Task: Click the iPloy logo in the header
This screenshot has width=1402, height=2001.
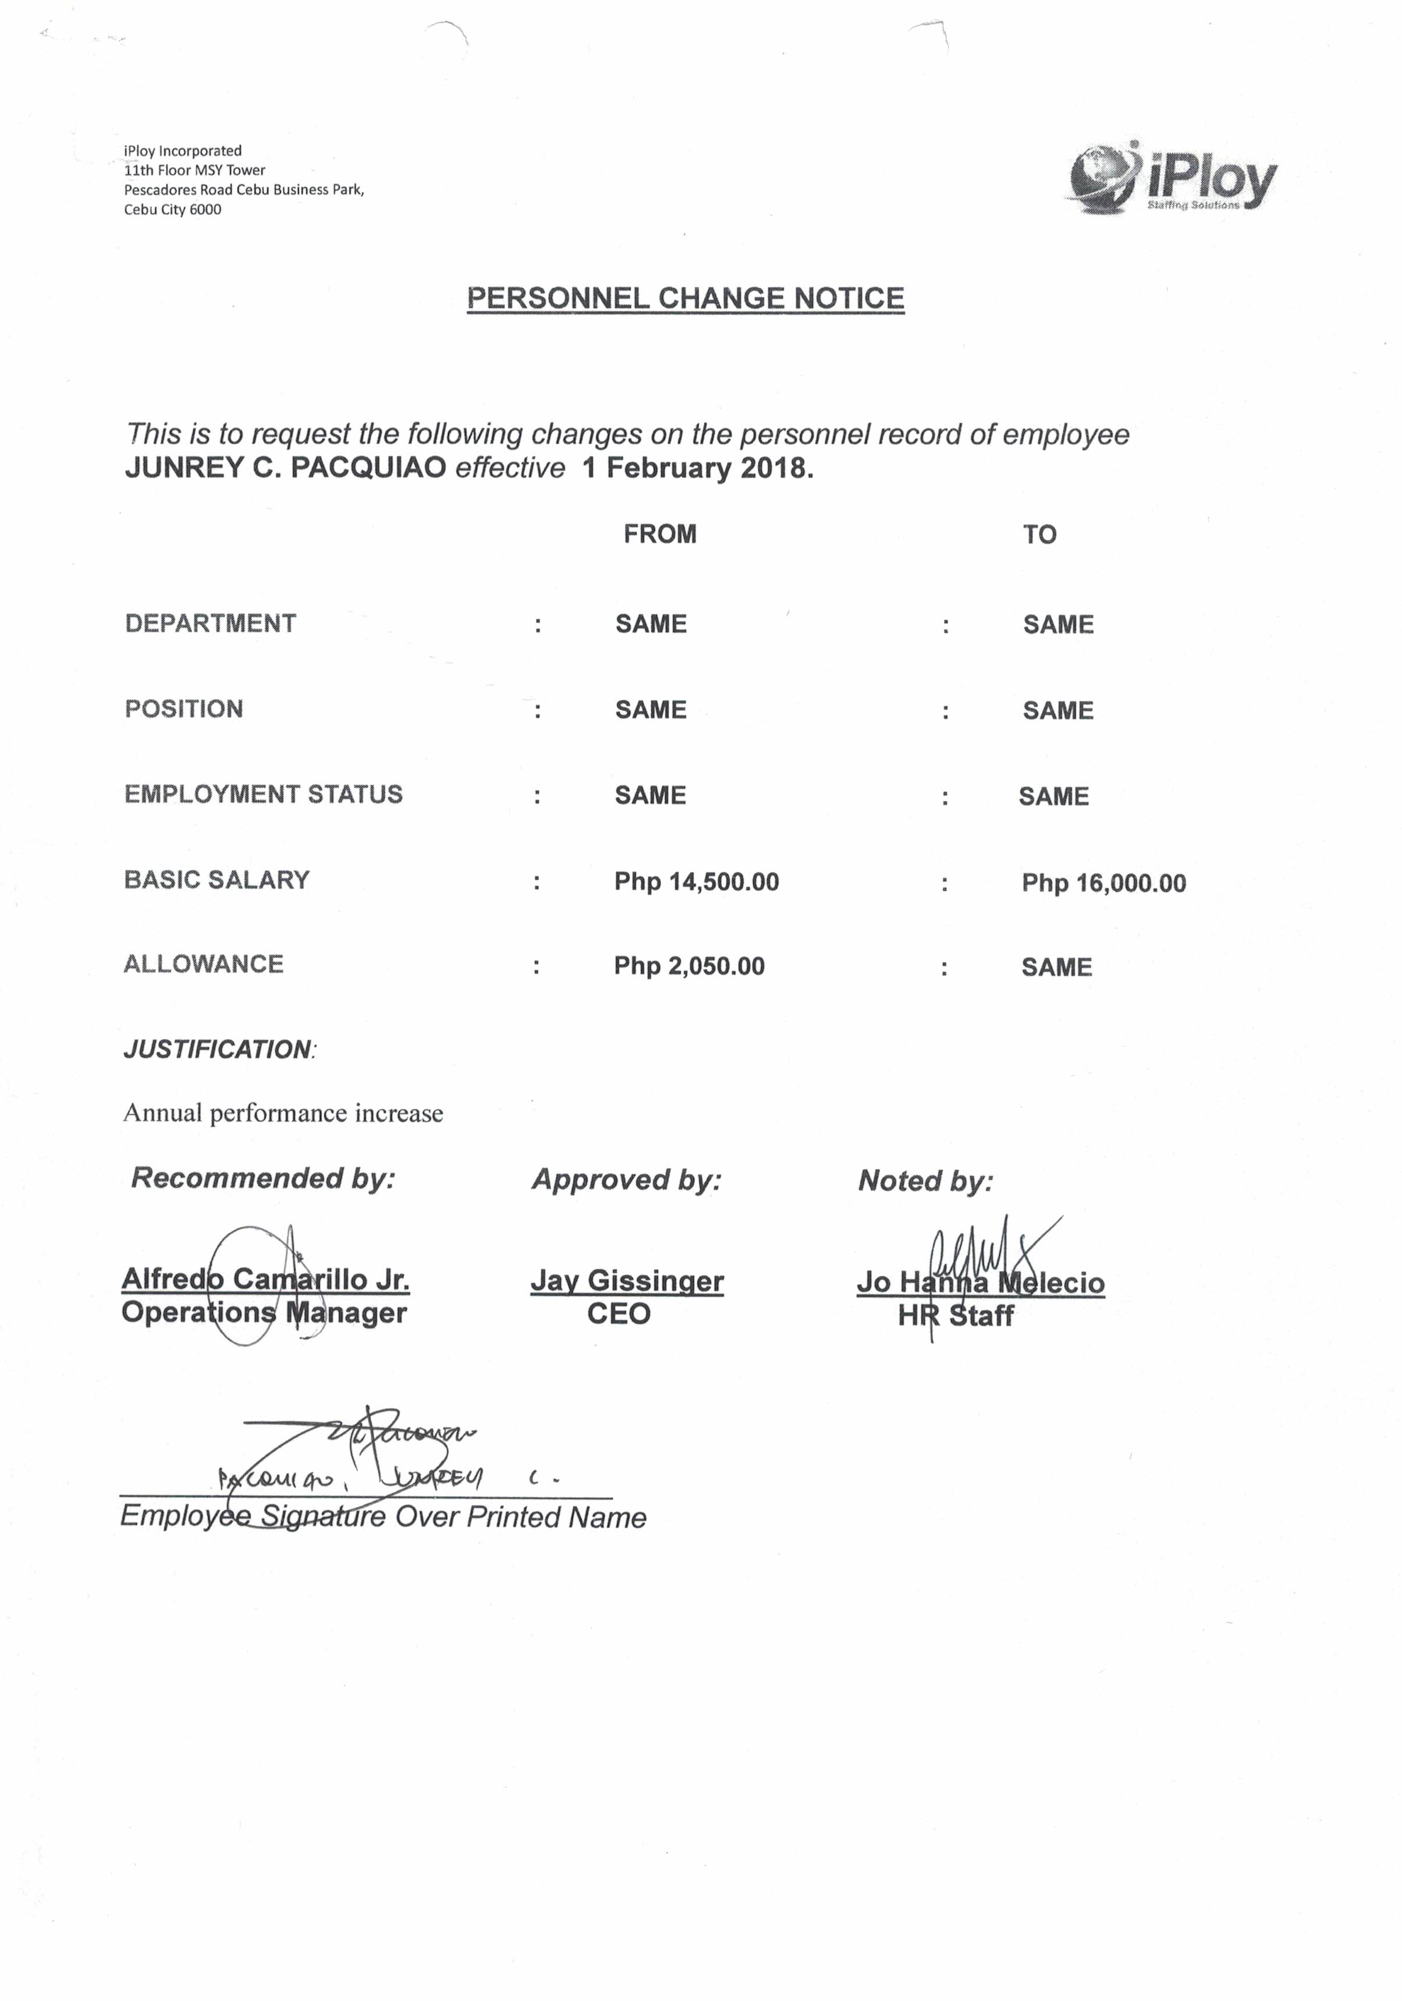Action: point(1172,179)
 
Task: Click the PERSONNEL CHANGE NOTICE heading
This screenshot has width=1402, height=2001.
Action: point(685,298)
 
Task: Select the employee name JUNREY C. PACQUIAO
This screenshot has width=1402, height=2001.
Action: point(285,468)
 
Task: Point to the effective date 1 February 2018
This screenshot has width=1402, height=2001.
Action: point(697,468)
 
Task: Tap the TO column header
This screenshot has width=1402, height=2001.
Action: point(1039,534)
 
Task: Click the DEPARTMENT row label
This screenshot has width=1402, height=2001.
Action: point(210,623)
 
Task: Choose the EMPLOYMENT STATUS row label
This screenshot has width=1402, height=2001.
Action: point(263,794)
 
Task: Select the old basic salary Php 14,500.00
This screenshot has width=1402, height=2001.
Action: point(696,881)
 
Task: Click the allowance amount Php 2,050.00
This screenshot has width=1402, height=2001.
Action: point(688,966)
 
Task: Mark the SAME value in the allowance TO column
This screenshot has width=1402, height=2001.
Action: point(1056,966)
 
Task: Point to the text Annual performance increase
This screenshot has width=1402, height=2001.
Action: point(283,1113)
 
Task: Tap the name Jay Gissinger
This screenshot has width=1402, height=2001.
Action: point(626,1280)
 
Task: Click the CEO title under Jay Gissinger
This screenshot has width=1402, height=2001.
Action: point(619,1313)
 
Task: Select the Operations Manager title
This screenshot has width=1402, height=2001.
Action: point(264,1312)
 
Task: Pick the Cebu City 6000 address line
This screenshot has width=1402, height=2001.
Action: point(172,209)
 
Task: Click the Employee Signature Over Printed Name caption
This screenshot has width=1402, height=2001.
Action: point(382,1517)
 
